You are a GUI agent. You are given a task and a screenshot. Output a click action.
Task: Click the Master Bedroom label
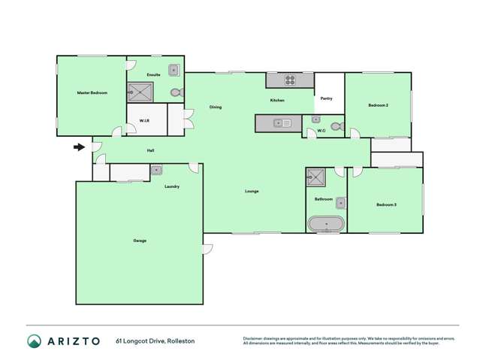92,92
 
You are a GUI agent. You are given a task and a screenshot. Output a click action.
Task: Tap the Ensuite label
154,75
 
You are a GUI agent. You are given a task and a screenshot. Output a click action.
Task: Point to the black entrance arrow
78,147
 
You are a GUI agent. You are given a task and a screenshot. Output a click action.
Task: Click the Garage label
140,241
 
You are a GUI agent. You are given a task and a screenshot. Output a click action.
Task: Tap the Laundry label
171,186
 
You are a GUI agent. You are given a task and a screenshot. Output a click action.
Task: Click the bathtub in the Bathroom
326,224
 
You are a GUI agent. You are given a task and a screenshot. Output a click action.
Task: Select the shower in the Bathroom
314,178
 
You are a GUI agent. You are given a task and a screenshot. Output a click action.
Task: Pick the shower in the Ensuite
140,92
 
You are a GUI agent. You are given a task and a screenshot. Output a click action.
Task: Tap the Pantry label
327,98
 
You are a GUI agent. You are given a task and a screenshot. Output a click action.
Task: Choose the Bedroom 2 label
378,105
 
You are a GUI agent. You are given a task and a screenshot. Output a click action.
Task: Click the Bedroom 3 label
386,204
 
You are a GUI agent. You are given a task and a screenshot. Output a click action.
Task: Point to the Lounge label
252,191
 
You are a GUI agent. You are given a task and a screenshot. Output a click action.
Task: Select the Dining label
216,107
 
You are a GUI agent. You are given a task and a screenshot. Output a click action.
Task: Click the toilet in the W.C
337,126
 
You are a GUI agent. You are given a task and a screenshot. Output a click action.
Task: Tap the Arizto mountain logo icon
34,341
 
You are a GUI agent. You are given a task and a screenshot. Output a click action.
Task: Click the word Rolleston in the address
180,341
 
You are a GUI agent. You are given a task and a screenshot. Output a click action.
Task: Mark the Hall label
151,151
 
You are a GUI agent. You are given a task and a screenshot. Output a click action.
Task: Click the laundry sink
155,170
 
